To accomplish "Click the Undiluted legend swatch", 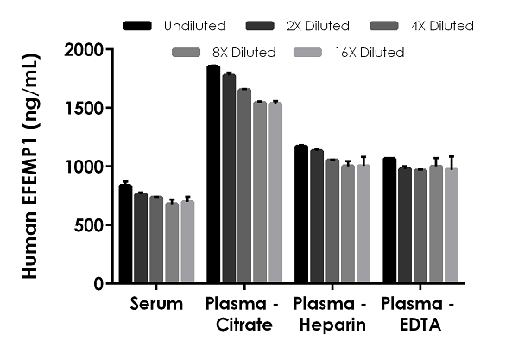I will tap(138, 26).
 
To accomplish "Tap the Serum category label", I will tap(156, 305).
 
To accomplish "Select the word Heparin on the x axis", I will tap(328, 325).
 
